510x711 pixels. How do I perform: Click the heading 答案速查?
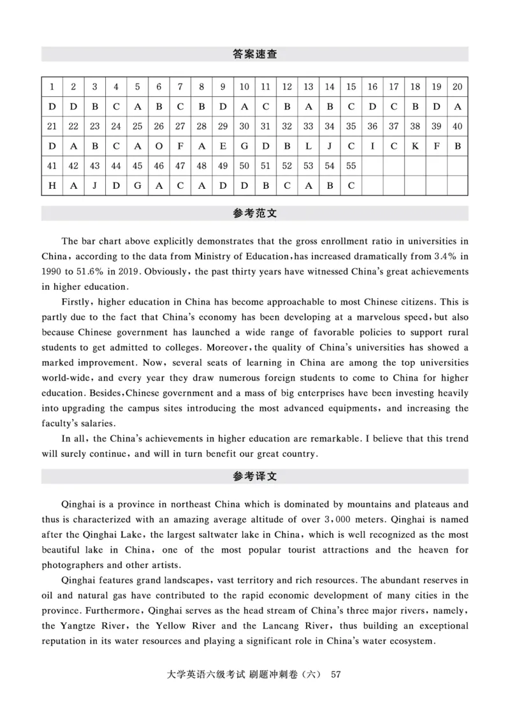click(255, 54)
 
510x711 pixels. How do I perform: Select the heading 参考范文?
click(255, 214)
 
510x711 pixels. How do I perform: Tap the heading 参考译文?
click(255, 477)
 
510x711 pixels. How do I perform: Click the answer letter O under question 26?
click(159, 146)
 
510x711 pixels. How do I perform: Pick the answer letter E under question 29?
click(222, 146)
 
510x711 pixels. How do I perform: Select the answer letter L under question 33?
click(308, 146)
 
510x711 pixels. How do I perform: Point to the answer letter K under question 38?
click(415, 146)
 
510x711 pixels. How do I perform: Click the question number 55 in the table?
click(351, 166)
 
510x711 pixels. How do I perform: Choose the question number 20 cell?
click(457, 87)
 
